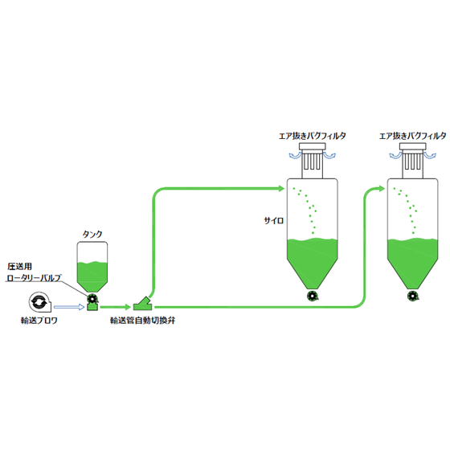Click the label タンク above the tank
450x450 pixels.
(92, 235)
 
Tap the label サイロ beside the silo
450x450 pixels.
(274, 220)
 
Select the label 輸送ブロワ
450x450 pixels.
(39, 321)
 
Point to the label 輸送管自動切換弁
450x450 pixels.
(143, 321)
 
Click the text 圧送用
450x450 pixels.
(19, 266)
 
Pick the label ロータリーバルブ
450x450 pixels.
(34, 278)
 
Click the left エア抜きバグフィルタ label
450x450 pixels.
(313, 136)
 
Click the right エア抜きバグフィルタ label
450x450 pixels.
(413, 136)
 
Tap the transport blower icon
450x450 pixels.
(39, 302)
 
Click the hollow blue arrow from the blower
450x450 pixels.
(69, 307)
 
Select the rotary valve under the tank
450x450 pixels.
(92, 299)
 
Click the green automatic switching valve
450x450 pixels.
(143, 305)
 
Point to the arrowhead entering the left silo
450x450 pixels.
(280, 188)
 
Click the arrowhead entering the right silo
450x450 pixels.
(381, 189)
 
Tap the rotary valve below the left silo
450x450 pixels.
(313, 296)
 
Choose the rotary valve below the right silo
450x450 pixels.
(413, 296)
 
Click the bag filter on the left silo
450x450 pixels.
(313, 161)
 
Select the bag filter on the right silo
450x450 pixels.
(413, 161)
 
